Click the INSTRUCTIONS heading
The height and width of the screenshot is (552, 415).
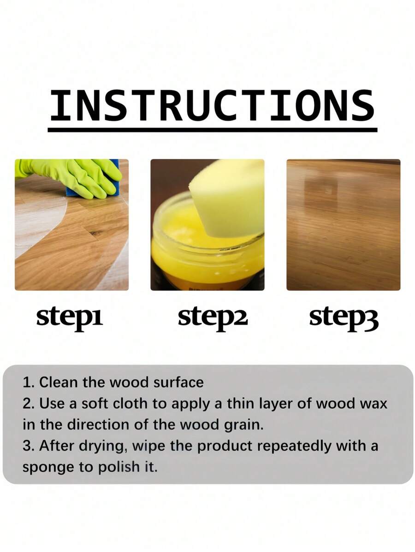212,105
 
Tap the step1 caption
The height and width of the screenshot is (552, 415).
70,318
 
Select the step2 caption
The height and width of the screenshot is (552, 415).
213,318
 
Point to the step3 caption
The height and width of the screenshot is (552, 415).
344,318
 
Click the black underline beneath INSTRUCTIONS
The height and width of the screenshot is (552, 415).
213,130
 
